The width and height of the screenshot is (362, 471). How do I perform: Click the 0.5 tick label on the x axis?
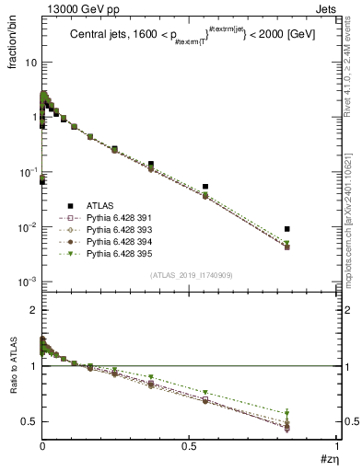click(189, 446)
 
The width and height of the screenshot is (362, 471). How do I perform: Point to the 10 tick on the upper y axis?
click(29, 63)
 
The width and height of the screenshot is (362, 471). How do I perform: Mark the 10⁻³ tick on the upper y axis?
click(28, 281)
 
